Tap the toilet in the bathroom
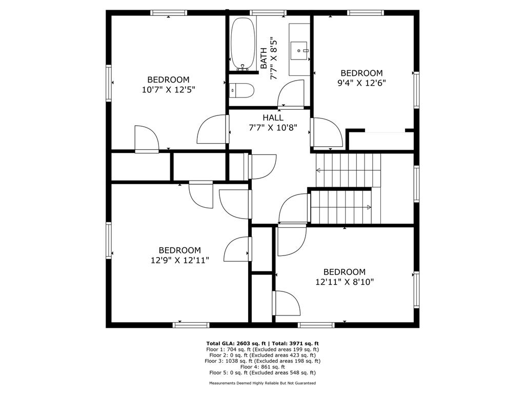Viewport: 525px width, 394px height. point(242,91)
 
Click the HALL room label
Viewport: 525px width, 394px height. point(273,118)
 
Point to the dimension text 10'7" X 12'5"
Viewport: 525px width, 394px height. point(169,89)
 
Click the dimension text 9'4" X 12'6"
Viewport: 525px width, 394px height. point(362,83)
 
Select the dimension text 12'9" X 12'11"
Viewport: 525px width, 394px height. point(179,260)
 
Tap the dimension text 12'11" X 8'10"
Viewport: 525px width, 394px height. point(344,282)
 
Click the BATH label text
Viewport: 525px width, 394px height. point(264,58)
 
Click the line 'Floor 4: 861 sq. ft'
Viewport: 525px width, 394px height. point(262,367)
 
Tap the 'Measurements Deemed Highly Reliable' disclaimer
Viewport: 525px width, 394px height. point(262,383)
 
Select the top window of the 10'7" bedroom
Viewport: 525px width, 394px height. point(168,13)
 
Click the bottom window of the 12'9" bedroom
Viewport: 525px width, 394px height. point(191,325)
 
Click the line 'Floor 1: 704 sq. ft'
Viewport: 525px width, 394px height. point(262,349)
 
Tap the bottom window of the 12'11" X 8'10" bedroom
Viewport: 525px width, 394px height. point(316,325)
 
